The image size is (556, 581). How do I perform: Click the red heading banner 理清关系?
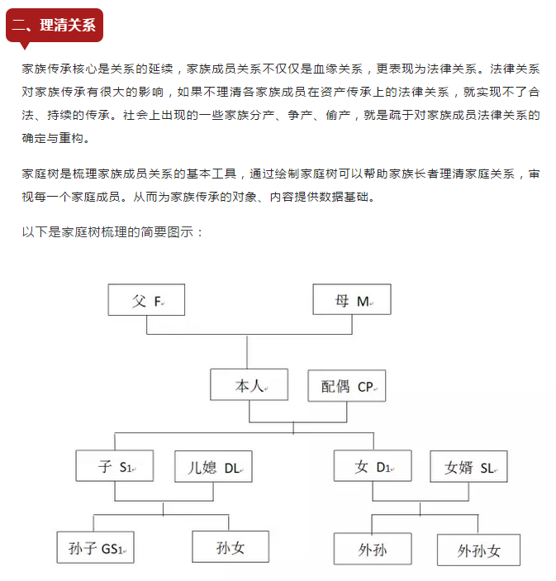click(55, 25)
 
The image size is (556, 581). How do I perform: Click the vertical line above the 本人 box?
click(247, 351)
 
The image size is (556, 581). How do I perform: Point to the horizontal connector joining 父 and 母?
click(249, 334)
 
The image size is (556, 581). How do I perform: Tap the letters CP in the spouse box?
click(365, 387)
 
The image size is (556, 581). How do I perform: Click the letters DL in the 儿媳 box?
click(232, 469)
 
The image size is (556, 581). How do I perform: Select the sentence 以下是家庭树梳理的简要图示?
click(107, 232)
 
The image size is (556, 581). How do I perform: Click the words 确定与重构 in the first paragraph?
click(53, 138)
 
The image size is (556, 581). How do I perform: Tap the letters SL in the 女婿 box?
click(487, 469)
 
